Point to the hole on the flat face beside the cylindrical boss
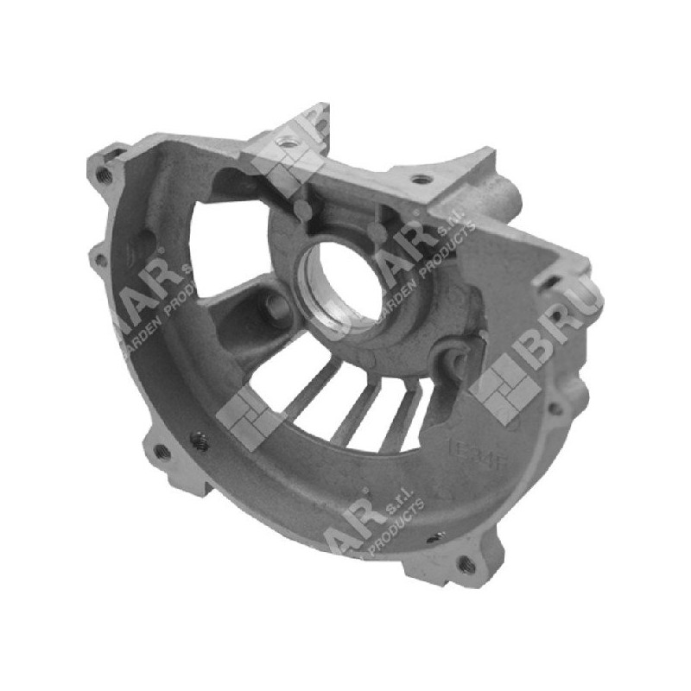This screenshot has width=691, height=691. [421, 180]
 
